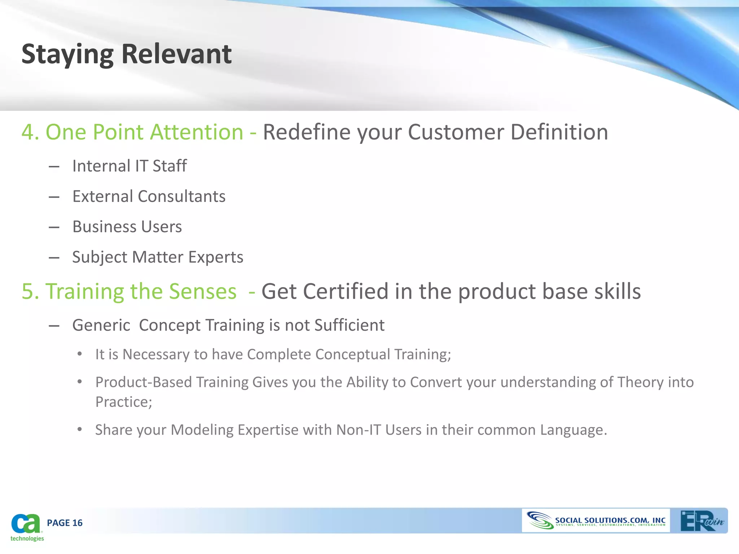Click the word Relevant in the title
176,54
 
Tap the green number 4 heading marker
27,132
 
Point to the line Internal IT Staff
129,166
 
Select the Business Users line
127,227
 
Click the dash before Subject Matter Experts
54,258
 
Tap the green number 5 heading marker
27,291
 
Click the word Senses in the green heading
202,291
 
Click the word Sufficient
349,325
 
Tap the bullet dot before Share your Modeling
80,430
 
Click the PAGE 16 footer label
65,523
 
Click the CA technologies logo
26,527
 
